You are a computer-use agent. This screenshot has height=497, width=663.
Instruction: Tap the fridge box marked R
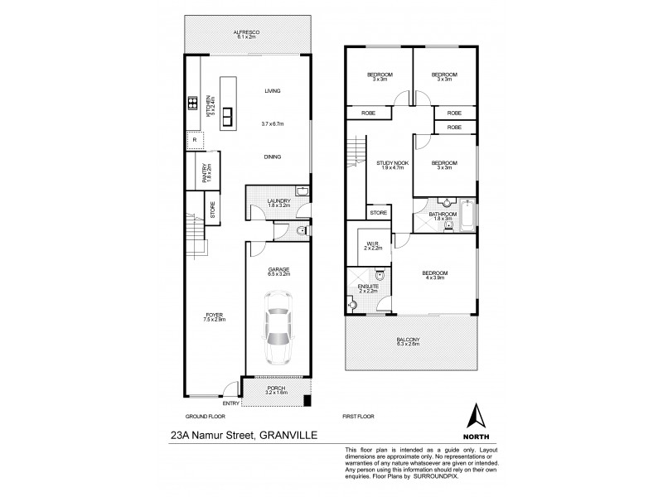tap(194, 140)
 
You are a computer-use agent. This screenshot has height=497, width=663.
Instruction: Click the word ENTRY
tap(231, 403)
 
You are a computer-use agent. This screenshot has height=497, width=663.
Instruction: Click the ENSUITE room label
tap(367, 288)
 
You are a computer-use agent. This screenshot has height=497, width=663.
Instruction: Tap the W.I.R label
tap(371, 245)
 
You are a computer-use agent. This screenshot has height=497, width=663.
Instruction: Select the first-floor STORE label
tap(379, 213)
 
